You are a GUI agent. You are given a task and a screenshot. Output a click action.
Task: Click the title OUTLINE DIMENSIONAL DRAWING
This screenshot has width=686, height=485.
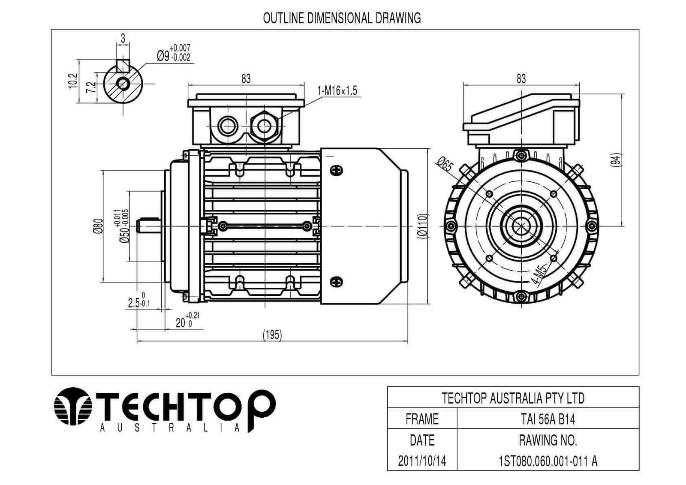342,18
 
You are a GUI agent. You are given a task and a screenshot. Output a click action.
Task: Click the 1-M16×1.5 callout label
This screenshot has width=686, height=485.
337,91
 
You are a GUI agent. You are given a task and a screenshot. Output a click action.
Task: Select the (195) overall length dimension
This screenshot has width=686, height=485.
272,335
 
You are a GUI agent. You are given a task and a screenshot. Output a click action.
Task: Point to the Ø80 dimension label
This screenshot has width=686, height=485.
98,226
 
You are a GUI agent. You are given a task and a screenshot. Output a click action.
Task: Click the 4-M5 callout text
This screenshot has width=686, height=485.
539,275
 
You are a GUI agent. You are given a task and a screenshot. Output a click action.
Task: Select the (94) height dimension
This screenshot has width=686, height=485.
616,160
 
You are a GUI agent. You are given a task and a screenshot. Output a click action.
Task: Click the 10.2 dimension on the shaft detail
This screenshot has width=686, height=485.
73,81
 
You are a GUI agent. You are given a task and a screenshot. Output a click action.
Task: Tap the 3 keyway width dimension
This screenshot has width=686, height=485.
123,39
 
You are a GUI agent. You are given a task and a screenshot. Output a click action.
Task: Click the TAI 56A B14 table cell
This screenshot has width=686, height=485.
548,419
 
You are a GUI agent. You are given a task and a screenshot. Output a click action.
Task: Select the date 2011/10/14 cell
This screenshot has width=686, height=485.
422,461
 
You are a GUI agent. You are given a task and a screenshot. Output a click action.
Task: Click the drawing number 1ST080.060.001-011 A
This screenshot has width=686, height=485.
548,461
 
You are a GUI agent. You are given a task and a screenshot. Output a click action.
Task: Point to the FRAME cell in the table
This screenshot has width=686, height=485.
422,419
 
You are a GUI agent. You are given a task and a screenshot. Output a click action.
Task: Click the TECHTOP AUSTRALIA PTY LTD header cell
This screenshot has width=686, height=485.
513,398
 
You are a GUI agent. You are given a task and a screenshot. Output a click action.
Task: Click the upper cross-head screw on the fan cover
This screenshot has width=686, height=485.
337,170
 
